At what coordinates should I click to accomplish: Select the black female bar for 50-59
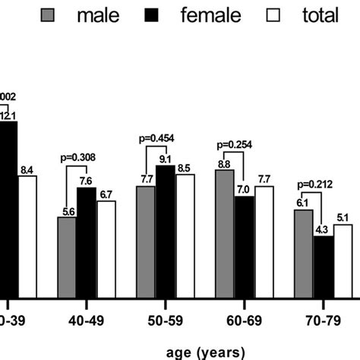tap(165, 231)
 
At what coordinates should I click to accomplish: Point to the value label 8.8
tap(224, 163)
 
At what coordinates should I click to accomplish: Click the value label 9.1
tap(166, 159)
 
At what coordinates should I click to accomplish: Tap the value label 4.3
tap(323, 229)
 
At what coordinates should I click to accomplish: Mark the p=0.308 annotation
tap(77, 158)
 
